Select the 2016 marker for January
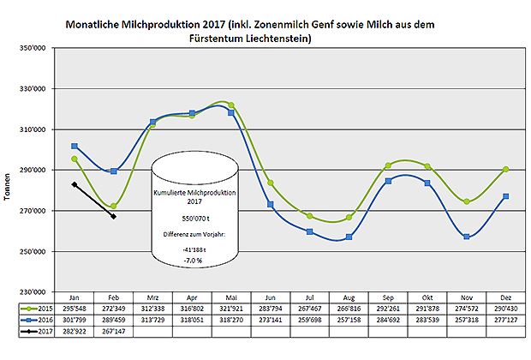75,146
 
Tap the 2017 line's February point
114,217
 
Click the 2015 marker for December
506,169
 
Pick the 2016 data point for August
349,237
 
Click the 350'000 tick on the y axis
33,49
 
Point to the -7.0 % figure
193,257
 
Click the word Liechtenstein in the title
273,40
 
